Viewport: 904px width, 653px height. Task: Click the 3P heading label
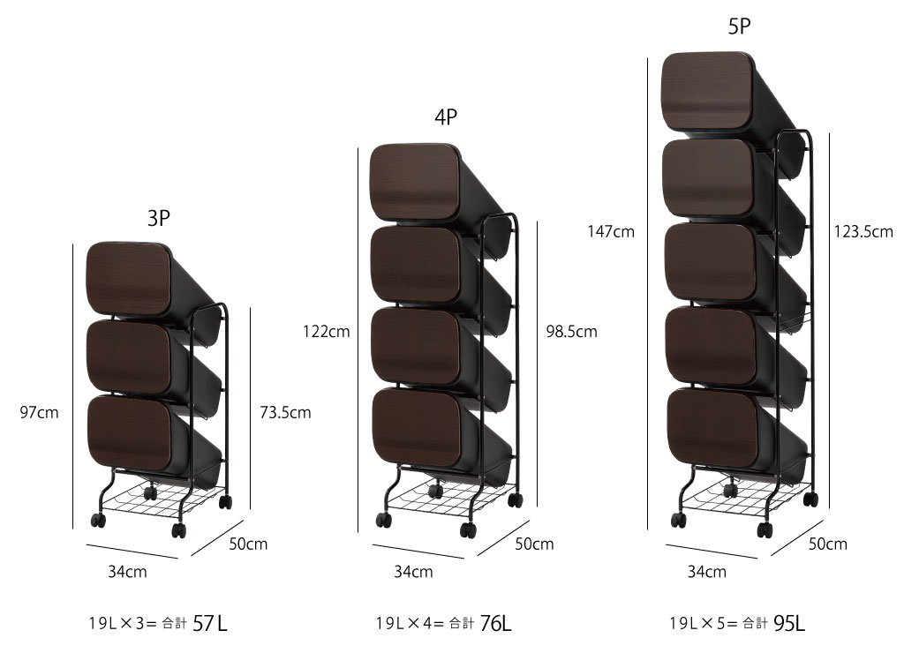pos(159,219)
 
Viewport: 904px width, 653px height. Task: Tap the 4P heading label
pos(446,117)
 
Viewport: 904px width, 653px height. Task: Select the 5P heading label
pos(739,26)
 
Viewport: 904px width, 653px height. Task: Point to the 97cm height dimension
pos(39,413)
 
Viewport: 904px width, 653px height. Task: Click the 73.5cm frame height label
pos(285,413)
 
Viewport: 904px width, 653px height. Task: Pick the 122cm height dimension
pos(327,332)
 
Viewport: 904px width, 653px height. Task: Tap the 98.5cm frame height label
pos(572,332)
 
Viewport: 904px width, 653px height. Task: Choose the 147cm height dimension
pos(611,232)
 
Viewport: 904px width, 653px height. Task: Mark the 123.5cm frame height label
pos(863,232)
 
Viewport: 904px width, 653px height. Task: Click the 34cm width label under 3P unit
pos(127,572)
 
